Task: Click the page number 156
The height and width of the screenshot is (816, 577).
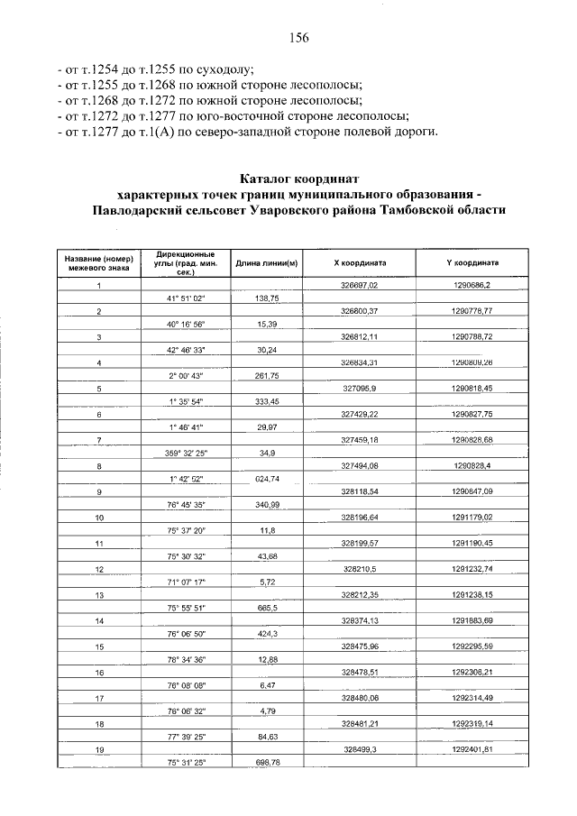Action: (x=299, y=37)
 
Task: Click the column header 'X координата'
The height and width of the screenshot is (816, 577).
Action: (x=360, y=262)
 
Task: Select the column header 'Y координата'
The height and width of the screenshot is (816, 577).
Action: (x=472, y=262)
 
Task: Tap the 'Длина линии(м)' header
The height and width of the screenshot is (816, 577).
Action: (x=267, y=263)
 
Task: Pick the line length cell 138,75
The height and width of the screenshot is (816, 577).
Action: (x=267, y=298)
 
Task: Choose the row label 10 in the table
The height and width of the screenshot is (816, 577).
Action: (x=99, y=518)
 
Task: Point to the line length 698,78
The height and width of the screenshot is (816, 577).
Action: (x=267, y=763)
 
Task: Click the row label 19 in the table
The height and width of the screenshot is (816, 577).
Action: (x=99, y=749)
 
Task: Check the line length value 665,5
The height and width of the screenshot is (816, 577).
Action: (x=267, y=608)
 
